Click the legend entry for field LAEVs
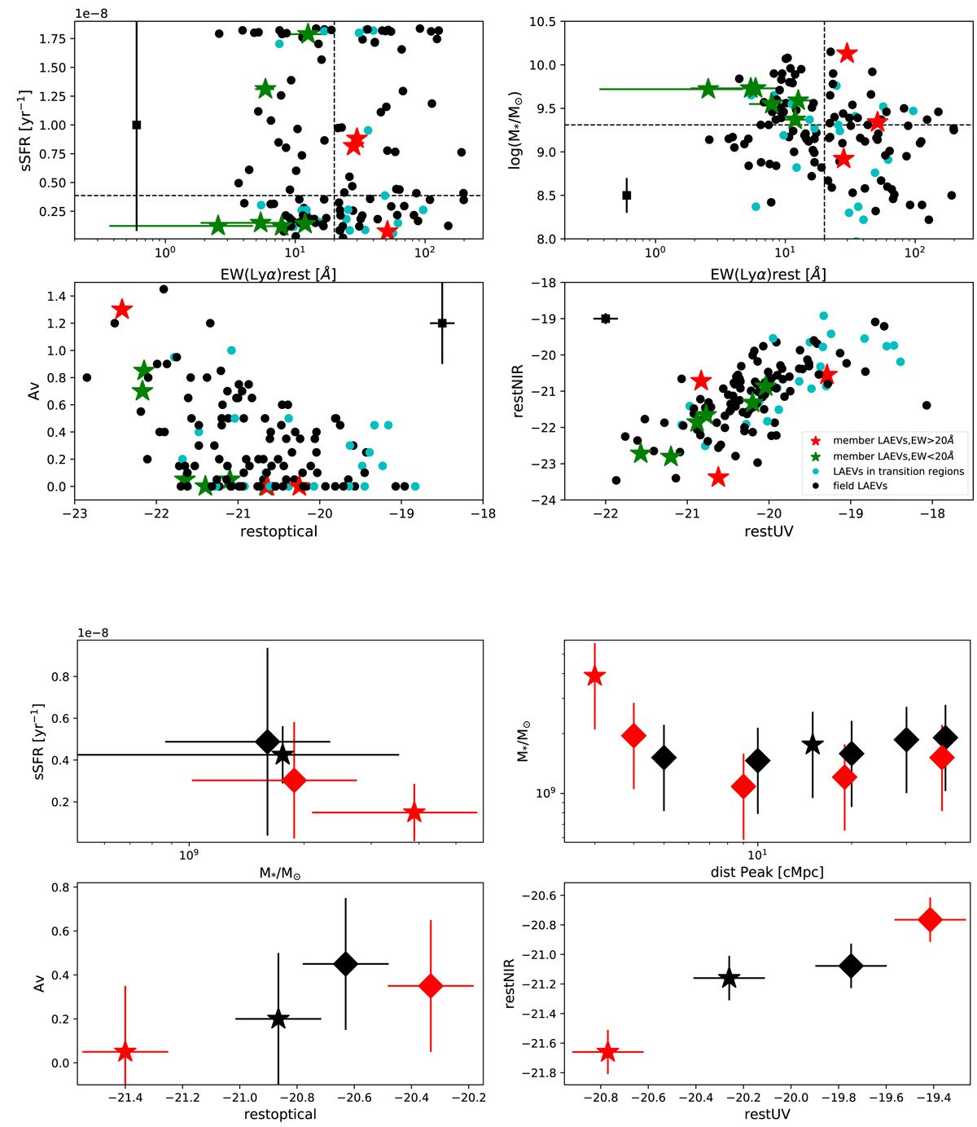855,486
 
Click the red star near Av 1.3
122,310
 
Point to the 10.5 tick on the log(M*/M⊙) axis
545,22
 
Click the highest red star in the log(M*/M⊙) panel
847,53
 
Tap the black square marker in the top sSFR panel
137,125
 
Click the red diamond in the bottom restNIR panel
930,919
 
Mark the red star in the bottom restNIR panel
607,1052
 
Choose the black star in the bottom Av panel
278,1019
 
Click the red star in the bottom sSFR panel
414,812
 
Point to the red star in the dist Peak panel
595,676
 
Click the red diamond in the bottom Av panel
431,986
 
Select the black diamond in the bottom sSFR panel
267,742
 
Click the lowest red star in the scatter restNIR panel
717,477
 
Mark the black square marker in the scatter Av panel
442,324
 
